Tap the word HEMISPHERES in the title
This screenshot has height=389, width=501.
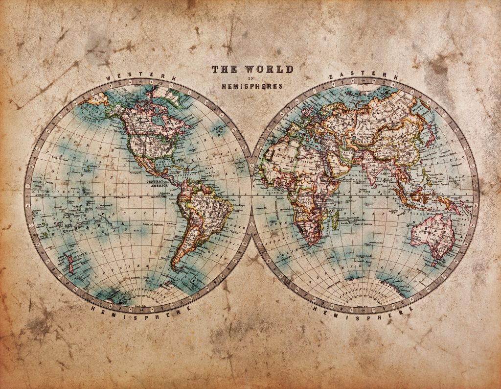point(252,86)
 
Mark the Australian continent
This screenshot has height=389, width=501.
point(433,235)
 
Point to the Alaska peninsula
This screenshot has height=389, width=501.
point(91,100)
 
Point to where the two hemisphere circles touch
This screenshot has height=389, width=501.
point(251,196)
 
